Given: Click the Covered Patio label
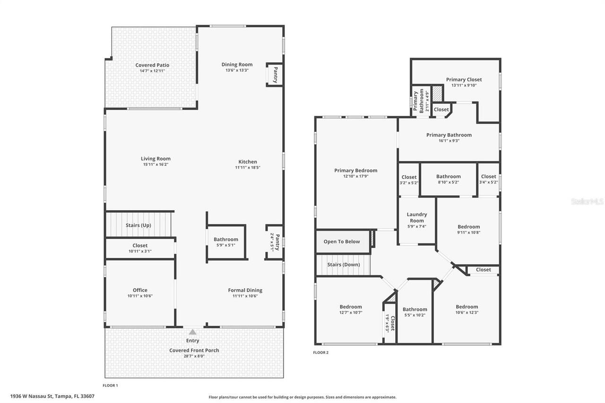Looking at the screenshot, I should click(152, 65).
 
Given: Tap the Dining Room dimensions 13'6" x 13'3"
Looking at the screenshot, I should click(237, 70).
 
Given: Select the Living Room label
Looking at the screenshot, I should click(156, 159).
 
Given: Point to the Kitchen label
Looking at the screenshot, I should click(248, 162).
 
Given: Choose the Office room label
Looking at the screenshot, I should click(140, 290).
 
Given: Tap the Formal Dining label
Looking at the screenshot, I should click(245, 290).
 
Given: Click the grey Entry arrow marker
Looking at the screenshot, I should click(192, 332).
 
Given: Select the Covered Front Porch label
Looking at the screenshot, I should click(194, 350).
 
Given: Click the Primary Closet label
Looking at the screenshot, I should click(464, 79).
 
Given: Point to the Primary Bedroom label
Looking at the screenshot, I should click(355, 171).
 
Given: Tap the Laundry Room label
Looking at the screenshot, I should click(416, 217).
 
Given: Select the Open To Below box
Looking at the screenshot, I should click(341, 241).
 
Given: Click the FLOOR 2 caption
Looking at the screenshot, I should click(320, 352).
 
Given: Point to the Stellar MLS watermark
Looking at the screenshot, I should click(587, 201).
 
